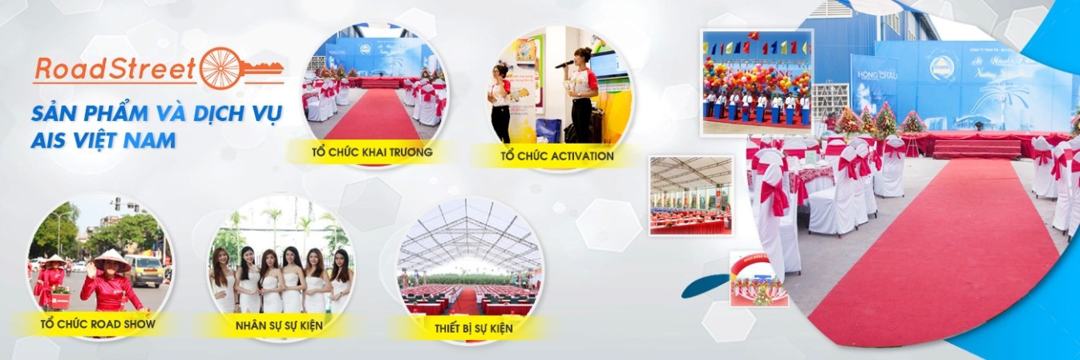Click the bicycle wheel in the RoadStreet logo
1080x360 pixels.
(220, 68)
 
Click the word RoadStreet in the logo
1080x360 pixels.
(115, 69)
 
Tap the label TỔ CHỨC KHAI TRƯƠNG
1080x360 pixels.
(373, 152)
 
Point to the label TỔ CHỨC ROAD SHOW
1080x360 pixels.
(98, 325)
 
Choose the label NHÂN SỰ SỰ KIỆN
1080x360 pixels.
(280, 326)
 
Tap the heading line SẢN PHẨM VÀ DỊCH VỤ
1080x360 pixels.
(157, 113)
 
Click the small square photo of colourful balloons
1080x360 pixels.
(756, 83)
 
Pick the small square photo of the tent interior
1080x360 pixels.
(690, 195)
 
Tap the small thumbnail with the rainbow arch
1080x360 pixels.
(758, 280)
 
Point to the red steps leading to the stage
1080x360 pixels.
(977, 149)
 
